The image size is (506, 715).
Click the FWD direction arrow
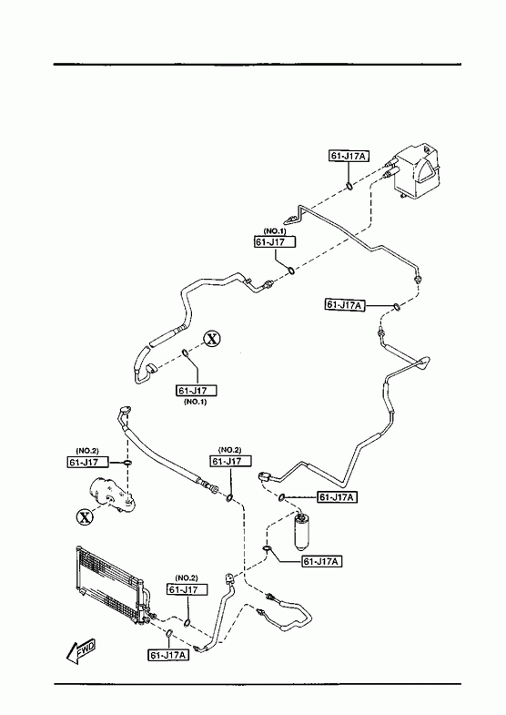point(81,649)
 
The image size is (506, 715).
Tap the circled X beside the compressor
point(85,517)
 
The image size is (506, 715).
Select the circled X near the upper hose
point(212,339)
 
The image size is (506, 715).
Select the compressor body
point(112,495)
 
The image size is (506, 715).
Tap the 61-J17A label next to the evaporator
point(349,156)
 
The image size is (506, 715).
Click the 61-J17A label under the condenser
point(168,655)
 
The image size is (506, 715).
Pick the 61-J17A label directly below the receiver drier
point(322,561)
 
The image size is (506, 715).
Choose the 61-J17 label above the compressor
point(88,462)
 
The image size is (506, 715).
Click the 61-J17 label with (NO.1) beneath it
point(197,391)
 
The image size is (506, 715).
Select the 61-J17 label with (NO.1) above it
point(275,241)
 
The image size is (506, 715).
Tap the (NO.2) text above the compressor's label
point(87,451)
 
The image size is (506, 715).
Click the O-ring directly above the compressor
point(127,464)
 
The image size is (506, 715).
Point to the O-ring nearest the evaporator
point(349,186)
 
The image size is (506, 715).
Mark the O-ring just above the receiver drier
point(282,496)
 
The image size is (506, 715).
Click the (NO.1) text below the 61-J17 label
point(196,403)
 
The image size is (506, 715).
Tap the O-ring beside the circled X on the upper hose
point(186,352)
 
